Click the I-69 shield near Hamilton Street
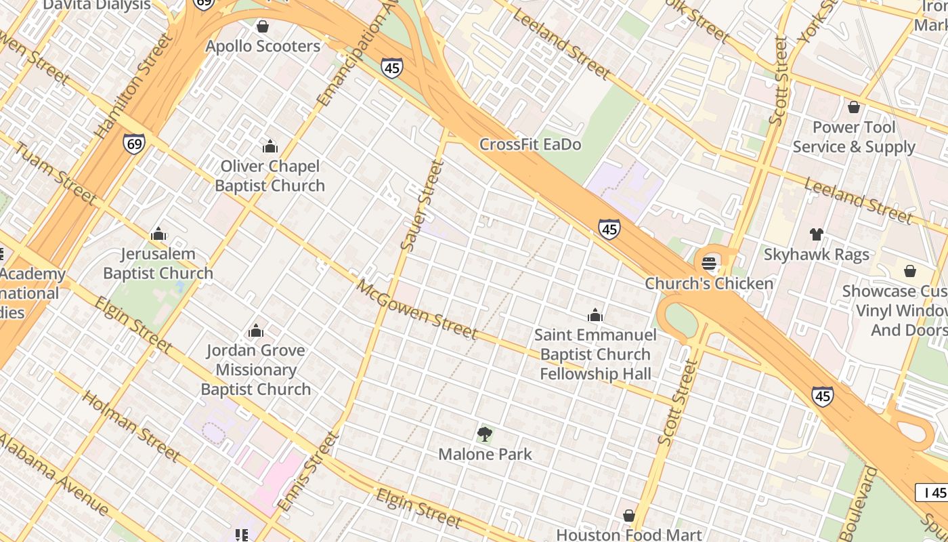(x=133, y=144)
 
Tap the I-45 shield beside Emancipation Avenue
(x=391, y=67)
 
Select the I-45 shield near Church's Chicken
(x=609, y=229)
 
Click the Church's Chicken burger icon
(x=709, y=263)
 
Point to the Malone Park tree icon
(x=484, y=434)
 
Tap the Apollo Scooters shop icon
(x=263, y=26)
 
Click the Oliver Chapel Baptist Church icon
(x=270, y=146)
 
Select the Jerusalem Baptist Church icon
(x=158, y=234)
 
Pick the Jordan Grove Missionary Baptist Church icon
(x=256, y=331)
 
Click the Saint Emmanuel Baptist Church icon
(x=595, y=315)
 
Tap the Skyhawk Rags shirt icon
(x=817, y=234)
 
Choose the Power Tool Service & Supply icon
(x=854, y=107)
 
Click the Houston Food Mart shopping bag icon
(x=629, y=516)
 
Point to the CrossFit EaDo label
(x=530, y=144)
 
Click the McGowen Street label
(x=417, y=309)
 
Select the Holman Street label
(x=131, y=425)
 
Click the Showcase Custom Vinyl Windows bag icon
(x=910, y=271)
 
